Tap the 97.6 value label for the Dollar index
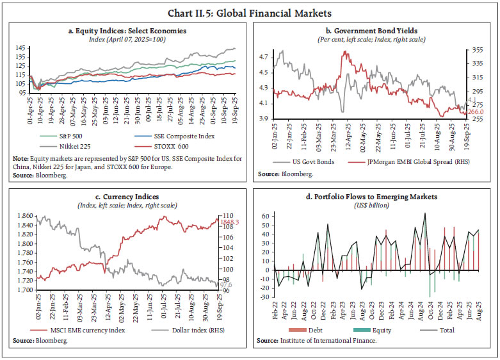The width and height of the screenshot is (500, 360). click(227, 284)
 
